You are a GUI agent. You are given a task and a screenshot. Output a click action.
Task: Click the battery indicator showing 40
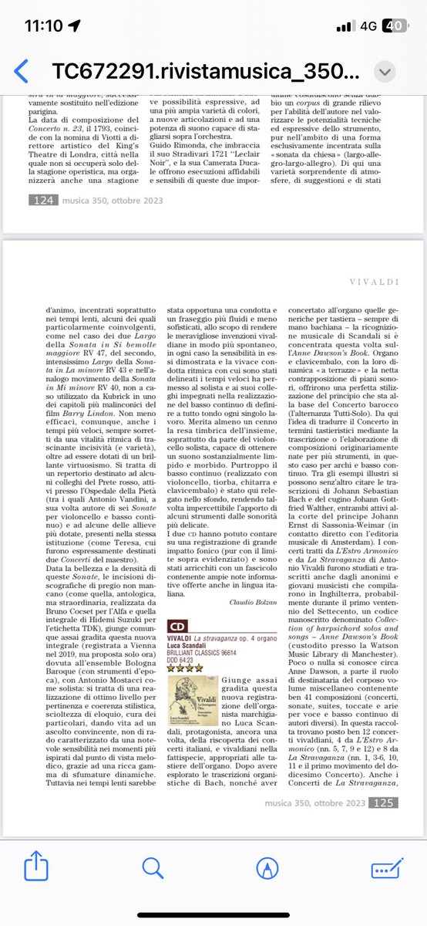pos(393,25)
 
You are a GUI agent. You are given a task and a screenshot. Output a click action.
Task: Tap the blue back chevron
pos(21,71)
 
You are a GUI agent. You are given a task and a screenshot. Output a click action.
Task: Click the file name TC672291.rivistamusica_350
pos(204,71)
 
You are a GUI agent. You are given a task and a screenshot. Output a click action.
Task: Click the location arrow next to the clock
pos(81,25)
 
